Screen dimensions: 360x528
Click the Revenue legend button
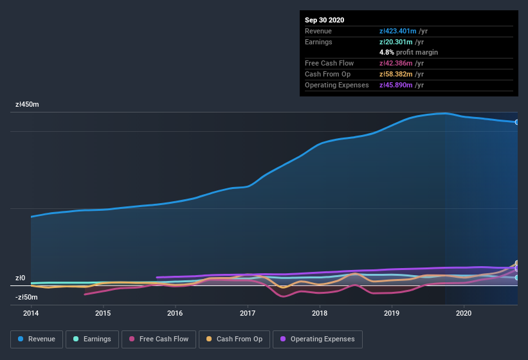coord(37,339)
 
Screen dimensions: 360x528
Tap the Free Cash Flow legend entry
coord(158,339)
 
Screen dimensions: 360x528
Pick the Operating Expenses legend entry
coord(317,339)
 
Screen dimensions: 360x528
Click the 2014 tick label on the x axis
coord(31,314)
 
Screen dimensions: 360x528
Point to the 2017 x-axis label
coord(248,314)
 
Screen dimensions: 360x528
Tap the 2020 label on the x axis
coord(464,314)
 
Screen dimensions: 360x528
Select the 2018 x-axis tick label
coord(320,314)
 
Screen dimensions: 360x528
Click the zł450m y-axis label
coord(28,104)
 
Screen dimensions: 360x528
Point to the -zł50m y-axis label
coord(26,297)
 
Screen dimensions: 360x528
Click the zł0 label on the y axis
coord(20,278)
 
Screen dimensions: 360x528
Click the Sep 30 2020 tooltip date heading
coord(325,20)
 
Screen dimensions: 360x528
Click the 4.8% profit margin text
coord(408,52)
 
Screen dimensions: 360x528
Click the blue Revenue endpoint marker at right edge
coord(517,122)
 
